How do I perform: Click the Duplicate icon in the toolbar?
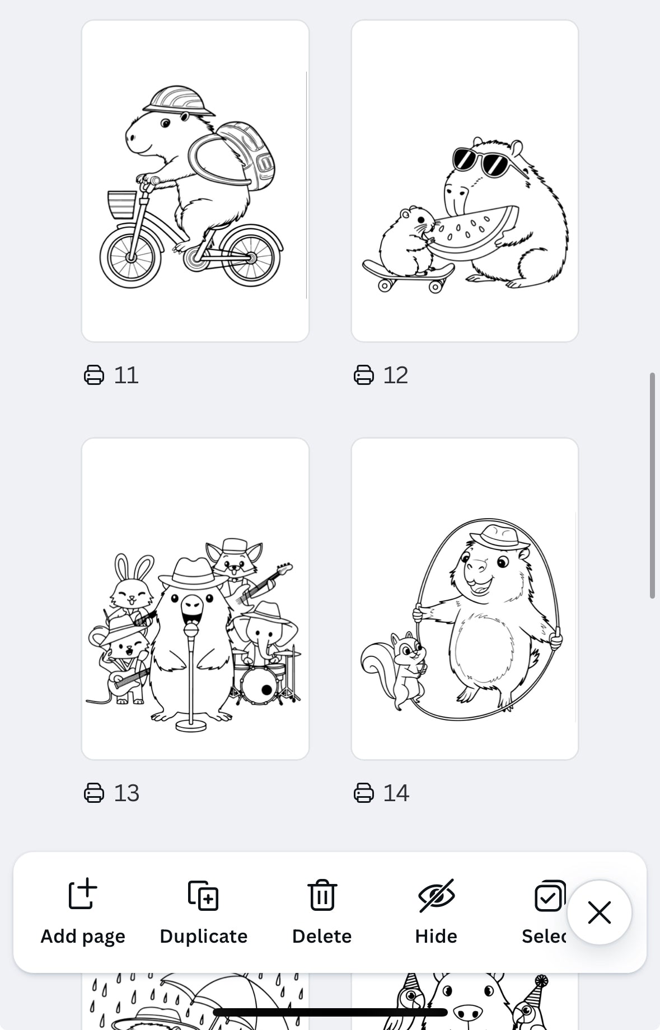tap(203, 895)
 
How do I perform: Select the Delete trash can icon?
tap(322, 895)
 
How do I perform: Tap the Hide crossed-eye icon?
tap(436, 895)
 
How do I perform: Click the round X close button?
tap(599, 913)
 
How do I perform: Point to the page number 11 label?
tap(126, 375)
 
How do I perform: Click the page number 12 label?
tap(395, 375)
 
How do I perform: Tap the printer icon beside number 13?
tap(94, 793)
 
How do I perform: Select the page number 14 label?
tap(396, 793)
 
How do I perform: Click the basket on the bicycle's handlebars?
tap(121, 204)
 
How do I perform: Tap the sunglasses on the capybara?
tap(480, 161)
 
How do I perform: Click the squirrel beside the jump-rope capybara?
tap(397, 669)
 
